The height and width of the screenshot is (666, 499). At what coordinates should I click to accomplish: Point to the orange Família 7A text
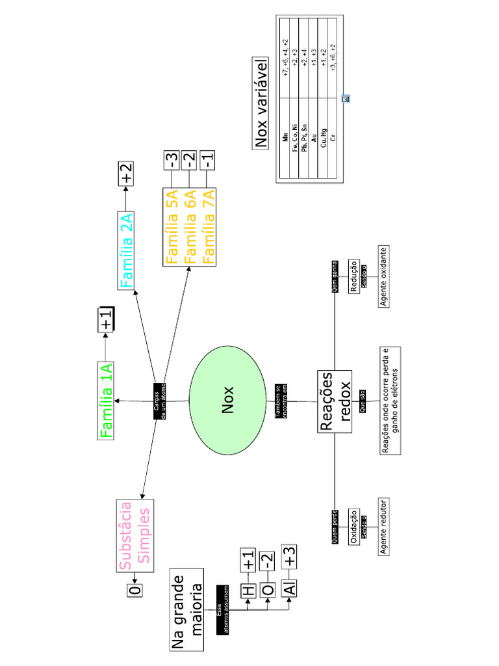click(208, 227)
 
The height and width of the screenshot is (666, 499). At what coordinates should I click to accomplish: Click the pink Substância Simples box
click(136, 535)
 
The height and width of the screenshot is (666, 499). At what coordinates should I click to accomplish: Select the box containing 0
click(134, 591)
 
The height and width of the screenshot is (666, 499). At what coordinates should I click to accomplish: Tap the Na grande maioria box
click(187, 609)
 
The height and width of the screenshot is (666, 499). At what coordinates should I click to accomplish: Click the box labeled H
click(248, 591)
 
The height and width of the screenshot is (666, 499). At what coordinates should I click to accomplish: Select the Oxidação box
click(355, 527)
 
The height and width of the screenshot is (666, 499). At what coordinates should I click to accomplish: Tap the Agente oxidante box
click(385, 276)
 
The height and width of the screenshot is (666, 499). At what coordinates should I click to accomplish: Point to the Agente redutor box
click(385, 527)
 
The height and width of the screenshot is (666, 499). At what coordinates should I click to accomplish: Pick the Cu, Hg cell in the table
click(323, 138)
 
